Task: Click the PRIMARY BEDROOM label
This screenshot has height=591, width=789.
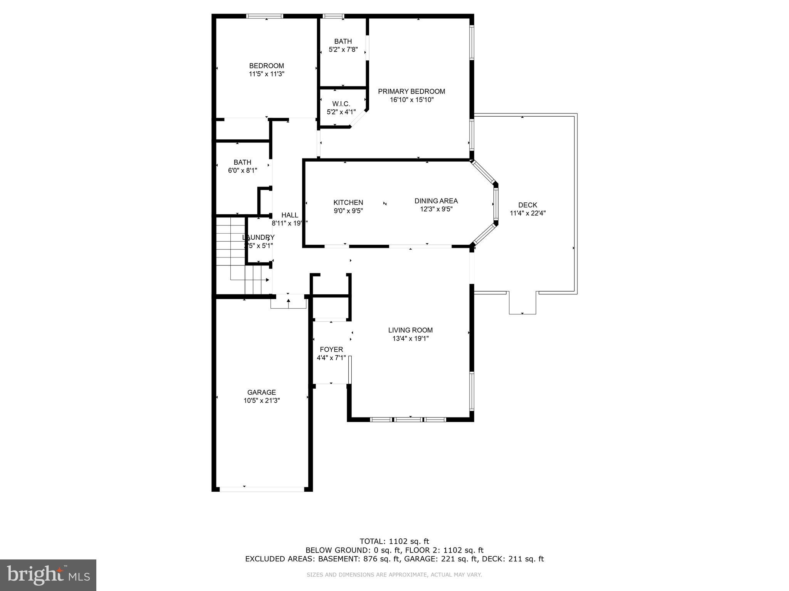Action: tap(411, 92)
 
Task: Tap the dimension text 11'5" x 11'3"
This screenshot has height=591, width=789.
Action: tap(267, 74)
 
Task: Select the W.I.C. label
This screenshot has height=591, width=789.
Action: tap(341, 104)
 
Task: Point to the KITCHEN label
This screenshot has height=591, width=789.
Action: tap(348, 202)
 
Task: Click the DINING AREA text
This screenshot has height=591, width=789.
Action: tap(436, 201)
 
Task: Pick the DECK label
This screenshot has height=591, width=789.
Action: tap(527, 205)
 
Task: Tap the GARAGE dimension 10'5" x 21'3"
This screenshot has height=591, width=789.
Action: tap(262, 401)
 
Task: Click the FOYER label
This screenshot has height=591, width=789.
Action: tap(331, 349)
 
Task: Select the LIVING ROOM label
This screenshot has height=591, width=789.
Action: tap(410, 330)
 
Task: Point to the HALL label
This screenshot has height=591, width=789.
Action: tap(290, 215)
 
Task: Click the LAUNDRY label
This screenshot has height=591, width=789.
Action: tap(259, 237)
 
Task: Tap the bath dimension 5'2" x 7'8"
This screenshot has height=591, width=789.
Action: tap(343, 50)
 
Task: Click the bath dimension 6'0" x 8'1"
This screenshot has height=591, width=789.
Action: tap(242, 170)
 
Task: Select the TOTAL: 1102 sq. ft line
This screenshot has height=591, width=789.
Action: tap(394, 542)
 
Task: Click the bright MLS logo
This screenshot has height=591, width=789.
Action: tap(48, 575)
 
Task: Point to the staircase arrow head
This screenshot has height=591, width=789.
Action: tap(267, 280)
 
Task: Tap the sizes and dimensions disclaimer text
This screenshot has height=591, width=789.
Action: tap(394, 575)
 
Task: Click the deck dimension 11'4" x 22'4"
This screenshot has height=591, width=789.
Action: tap(527, 213)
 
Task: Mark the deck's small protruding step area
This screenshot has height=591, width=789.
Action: tap(522, 304)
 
